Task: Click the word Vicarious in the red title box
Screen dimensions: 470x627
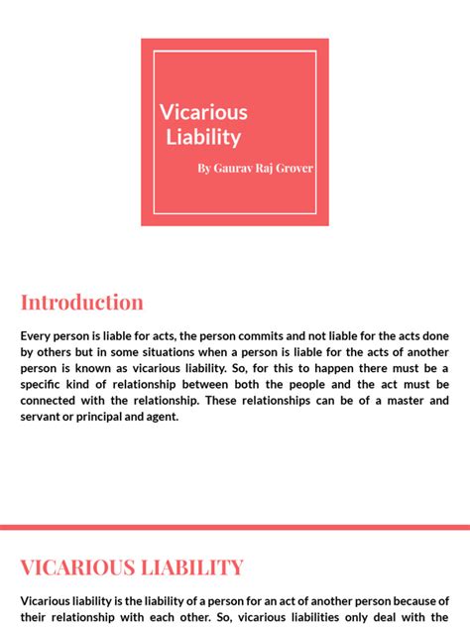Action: tap(203, 112)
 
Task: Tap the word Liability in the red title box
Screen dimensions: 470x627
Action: tap(203, 137)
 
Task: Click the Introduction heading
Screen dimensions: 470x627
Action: tap(82, 303)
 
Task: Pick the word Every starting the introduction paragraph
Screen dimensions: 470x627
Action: tap(37, 336)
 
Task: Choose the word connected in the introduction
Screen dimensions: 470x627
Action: tap(51, 400)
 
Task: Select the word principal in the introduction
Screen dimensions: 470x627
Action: tap(107, 417)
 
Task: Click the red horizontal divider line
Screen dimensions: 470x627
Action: tap(235, 527)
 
